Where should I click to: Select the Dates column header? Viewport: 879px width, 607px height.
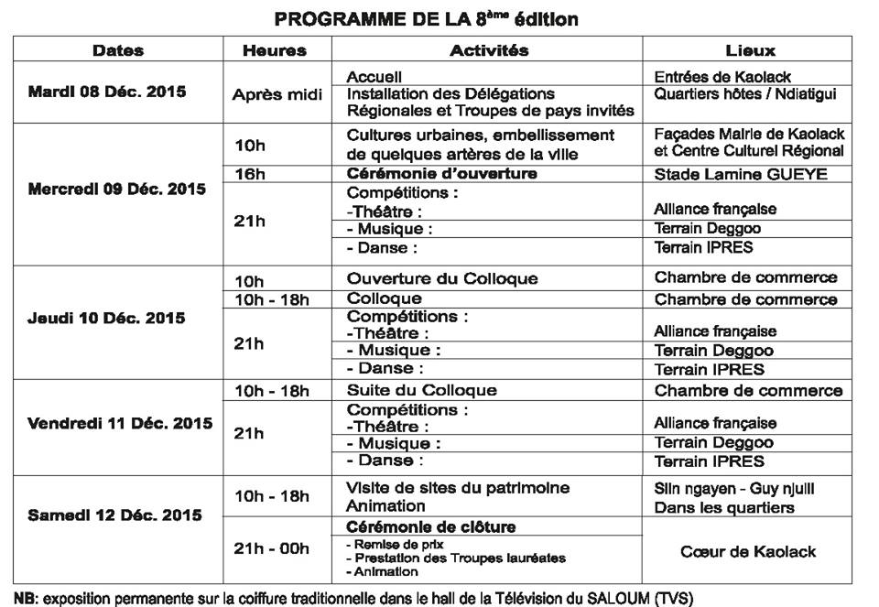tap(118, 51)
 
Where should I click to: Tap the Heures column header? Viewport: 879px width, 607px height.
tap(275, 51)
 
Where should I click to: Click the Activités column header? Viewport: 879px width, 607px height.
tap(489, 51)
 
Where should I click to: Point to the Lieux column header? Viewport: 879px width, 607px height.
tap(749, 51)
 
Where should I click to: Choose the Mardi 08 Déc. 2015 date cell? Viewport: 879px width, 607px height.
tap(107, 92)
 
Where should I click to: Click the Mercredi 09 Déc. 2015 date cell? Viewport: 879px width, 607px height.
tap(117, 190)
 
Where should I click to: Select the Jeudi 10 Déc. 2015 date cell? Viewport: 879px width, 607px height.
tap(106, 318)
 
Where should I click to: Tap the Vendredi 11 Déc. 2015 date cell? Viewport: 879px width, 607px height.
tap(120, 424)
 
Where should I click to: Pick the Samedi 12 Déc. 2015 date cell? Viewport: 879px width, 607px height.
tap(114, 515)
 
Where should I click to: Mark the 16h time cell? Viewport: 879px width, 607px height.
tap(249, 173)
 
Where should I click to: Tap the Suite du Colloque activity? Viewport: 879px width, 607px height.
tap(422, 390)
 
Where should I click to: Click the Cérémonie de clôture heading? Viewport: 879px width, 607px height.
tap(430, 526)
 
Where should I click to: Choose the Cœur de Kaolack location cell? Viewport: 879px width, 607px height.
tap(748, 551)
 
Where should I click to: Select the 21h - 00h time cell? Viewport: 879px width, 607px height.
tap(272, 548)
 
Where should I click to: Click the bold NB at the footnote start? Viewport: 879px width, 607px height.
tap(26, 599)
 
